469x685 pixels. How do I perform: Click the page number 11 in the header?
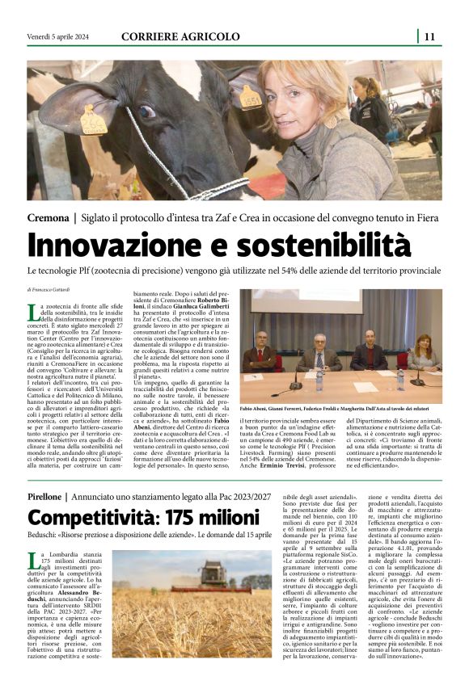pos(429,36)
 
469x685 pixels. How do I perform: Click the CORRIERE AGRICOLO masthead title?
pos(180,36)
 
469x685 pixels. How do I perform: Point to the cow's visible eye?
pos(146,112)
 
